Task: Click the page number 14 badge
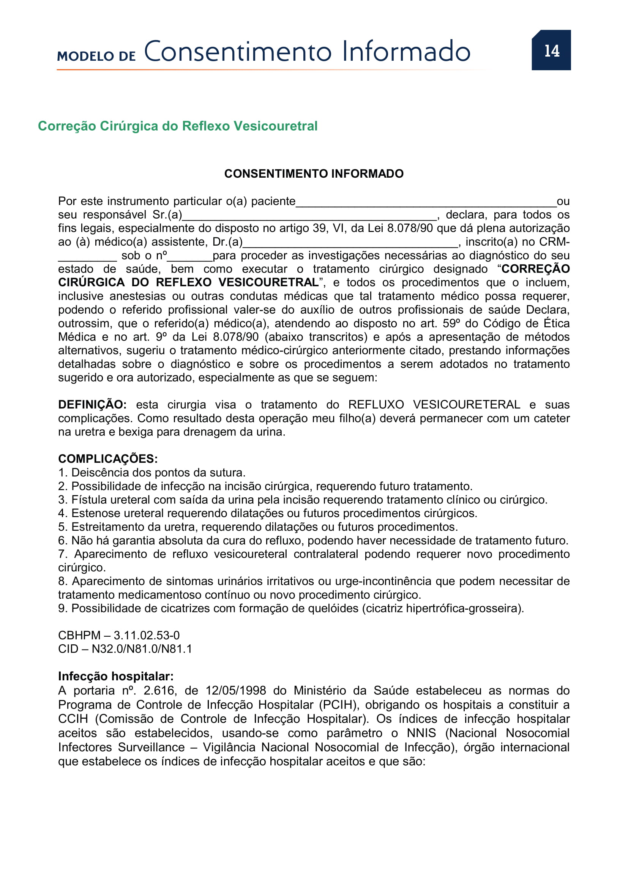click(x=551, y=50)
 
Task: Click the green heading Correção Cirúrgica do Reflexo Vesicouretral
click(x=177, y=126)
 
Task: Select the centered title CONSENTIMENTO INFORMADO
click(x=314, y=173)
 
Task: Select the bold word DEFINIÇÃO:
click(x=92, y=405)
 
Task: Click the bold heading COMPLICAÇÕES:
click(x=108, y=459)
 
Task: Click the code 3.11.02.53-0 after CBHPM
click(x=147, y=636)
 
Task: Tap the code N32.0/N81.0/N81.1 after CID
click(x=142, y=649)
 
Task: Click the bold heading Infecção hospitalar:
click(x=116, y=676)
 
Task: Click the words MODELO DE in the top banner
click(x=96, y=56)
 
